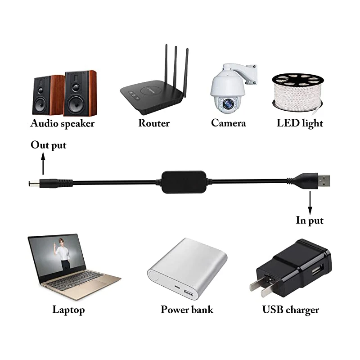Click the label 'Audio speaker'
click(62, 123)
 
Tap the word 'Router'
click(154, 123)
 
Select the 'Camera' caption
click(229, 123)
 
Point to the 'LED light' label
click(300, 123)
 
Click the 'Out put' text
click(49, 145)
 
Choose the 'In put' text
click(310, 220)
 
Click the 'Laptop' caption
click(68, 309)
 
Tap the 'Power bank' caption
click(187, 309)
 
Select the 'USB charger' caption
click(291, 309)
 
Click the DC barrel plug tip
click(32, 184)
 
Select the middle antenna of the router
click(176, 67)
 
